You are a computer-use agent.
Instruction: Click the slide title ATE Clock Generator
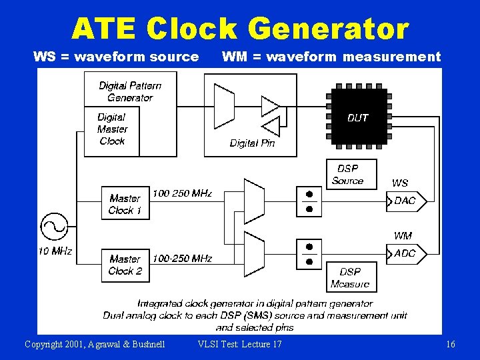point(240,29)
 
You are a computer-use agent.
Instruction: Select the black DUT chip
point(357,117)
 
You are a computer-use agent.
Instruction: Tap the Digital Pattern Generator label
point(130,91)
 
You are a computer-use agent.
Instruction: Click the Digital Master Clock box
point(111,129)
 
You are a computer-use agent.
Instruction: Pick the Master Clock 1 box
point(125,204)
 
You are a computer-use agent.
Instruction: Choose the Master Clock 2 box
point(125,265)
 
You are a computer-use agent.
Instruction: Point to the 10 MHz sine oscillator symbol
point(53,226)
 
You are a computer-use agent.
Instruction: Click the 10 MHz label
point(55,251)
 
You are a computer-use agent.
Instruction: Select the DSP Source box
point(347,175)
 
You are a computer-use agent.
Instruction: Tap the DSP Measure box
point(350,278)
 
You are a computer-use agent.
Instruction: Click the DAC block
point(405,201)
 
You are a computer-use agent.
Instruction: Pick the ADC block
point(405,253)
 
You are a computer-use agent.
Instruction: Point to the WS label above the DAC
point(400,183)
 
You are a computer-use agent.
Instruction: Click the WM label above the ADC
point(403,235)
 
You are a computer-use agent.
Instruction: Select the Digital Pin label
point(252,143)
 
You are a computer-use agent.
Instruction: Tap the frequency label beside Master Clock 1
point(182,193)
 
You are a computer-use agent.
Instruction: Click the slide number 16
point(451,344)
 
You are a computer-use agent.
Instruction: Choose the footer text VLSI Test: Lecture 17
point(240,344)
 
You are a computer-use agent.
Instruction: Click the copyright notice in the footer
point(95,344)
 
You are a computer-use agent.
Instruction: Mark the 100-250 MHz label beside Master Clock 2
point(182,258)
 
